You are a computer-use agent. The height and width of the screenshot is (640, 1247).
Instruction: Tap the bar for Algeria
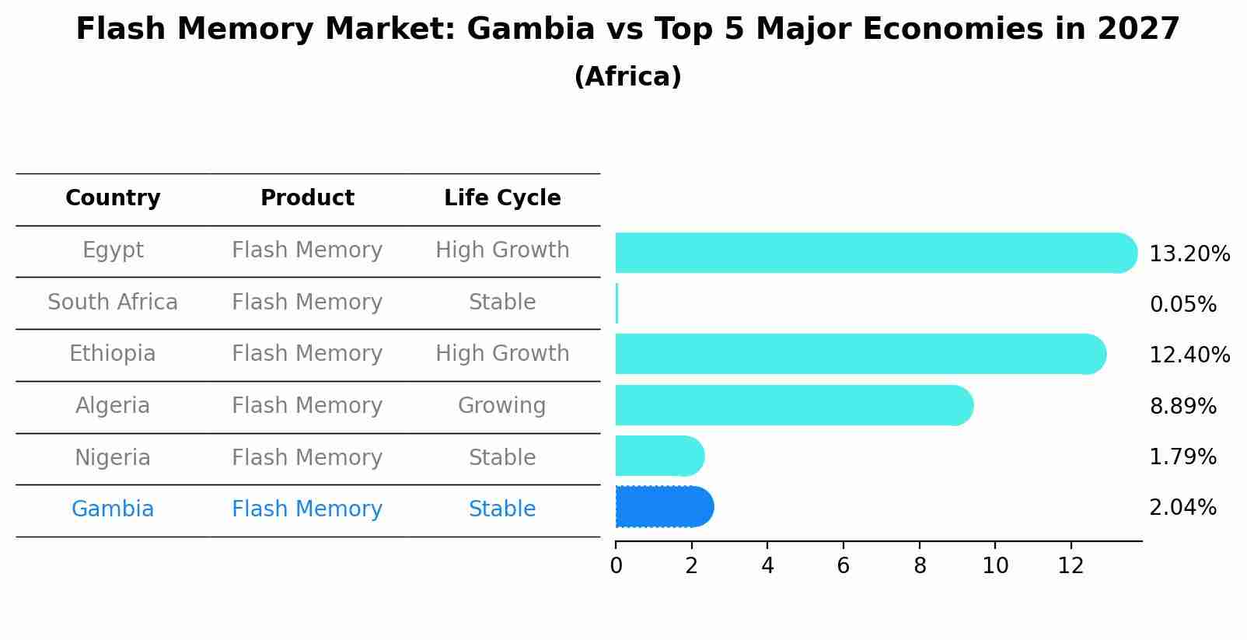click(x=793, y=405)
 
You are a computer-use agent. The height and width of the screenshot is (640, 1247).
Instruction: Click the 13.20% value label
click(x=1189, y=254)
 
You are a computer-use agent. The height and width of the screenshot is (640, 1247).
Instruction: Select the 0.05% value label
click(x=1182, y=305)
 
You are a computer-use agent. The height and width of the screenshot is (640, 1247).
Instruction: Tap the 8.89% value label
click(x=1182, y=406)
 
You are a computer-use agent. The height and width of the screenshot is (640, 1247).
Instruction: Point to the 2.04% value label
click(x=1182, y=508)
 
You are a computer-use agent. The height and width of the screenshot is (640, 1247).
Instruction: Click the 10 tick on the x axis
click(x=995, y=566)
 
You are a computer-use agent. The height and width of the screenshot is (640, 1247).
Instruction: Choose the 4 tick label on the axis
click(x=767, y=566)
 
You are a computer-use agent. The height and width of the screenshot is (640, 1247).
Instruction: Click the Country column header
click(x=113, y=198)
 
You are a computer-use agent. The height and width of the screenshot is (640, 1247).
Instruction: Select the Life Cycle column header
click(x=502, y=198)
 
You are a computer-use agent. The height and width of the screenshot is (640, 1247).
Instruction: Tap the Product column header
click(x=307, y=198)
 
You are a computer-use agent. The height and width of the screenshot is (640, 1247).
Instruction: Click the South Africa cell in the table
click(x=113, y=303)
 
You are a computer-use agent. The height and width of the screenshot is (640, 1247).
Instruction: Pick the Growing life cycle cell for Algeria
click(x=501, y=406)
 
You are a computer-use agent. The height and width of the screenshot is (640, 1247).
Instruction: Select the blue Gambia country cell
click(x=113, y=509)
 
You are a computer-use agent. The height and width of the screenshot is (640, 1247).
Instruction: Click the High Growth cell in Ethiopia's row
click(x=502, y=354)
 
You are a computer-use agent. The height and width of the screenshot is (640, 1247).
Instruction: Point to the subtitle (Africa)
click(x=627, y=77)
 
